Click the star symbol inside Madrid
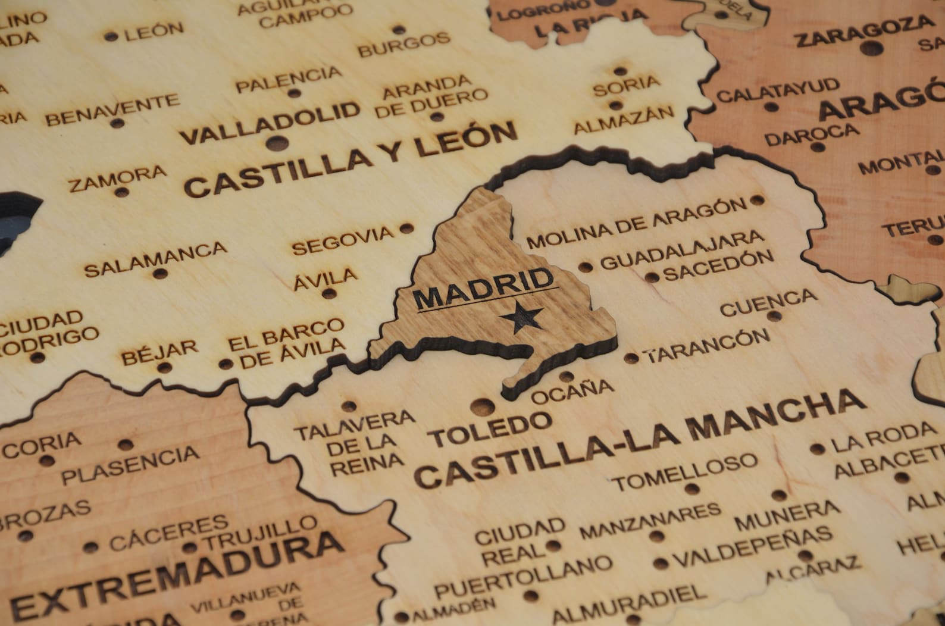click(521, 318)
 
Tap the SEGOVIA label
click(343, 239)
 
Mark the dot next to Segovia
click(406, 228)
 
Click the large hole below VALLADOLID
click(274, 143)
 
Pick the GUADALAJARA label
click(682, 250)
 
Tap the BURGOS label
click(405, 45)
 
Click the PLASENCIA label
click(131, 465)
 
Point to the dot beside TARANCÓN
click(631, 358)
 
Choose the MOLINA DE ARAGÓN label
click(637, 224)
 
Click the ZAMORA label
click(117, 179)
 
